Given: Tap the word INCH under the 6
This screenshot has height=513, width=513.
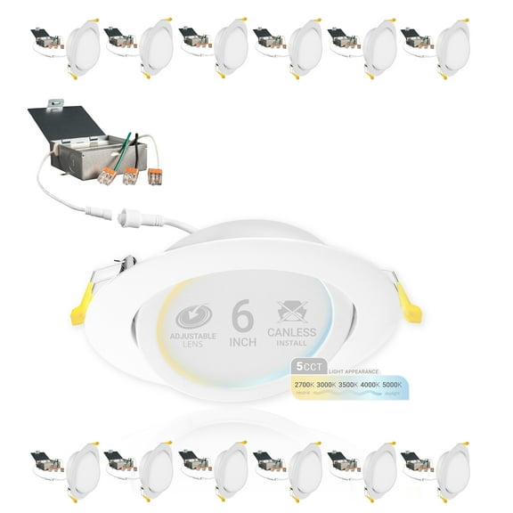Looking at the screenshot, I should point(244,341).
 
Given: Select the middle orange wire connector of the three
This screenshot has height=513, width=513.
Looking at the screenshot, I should point(130,174).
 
